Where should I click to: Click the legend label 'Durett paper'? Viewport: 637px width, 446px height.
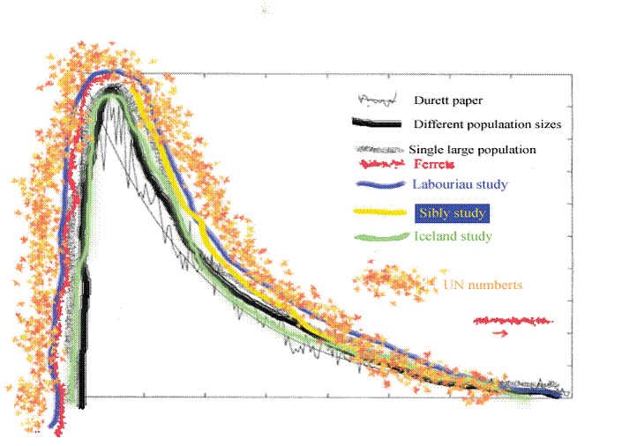[452, 100]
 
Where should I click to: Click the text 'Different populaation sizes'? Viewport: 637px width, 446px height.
[487, 125]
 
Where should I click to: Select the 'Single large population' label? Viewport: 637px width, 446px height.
[472, 150]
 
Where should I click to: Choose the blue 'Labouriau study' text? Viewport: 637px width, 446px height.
[460, 184]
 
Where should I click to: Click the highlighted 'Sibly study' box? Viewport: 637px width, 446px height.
[452, 213]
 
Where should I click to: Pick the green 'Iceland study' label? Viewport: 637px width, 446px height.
[453, 236]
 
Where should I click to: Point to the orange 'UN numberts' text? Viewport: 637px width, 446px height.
[483, 285]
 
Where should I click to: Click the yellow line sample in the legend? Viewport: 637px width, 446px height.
[377, 212]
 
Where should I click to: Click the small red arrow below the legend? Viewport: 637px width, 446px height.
[500, 333]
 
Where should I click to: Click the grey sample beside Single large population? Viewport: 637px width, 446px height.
[378, 149]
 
